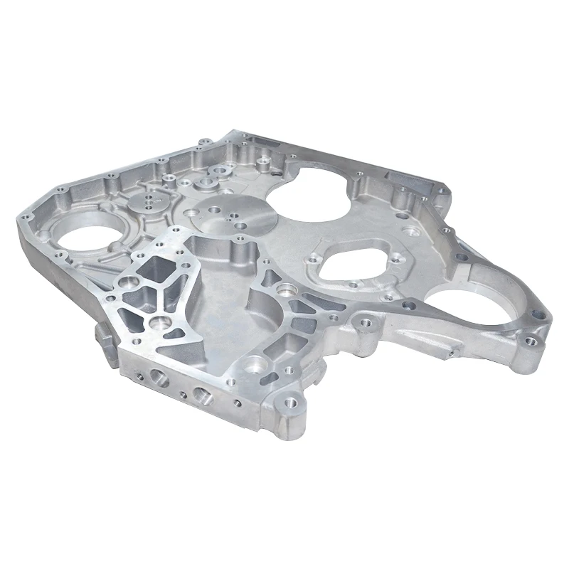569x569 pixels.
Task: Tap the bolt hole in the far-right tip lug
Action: (531, 342)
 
